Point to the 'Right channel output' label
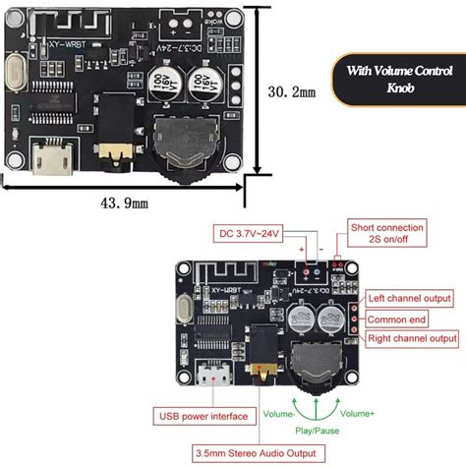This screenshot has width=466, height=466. click(x=412, y=338)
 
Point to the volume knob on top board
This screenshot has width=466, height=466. click(x=185, y=147)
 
